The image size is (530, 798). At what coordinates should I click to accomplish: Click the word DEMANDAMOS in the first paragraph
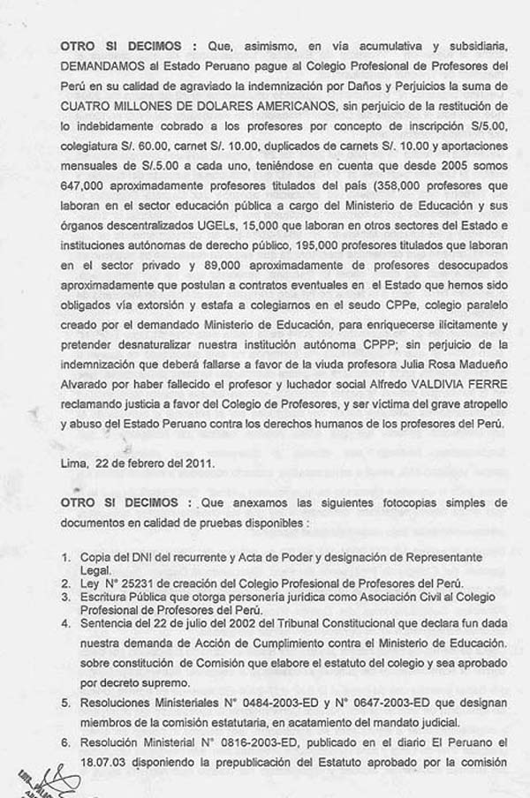point(105,66)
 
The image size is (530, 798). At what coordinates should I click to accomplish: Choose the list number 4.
point(65,621)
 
